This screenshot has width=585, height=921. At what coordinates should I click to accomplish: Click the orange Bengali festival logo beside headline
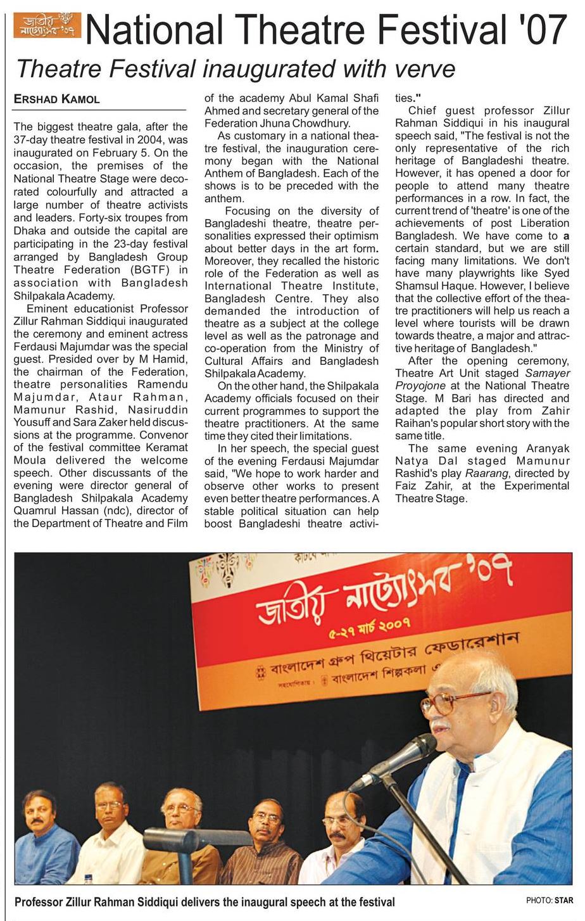point(47,25)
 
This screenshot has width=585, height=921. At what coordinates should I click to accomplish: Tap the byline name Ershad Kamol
point(57,99)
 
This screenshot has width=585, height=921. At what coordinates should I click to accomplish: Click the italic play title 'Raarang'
point(482,473)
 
